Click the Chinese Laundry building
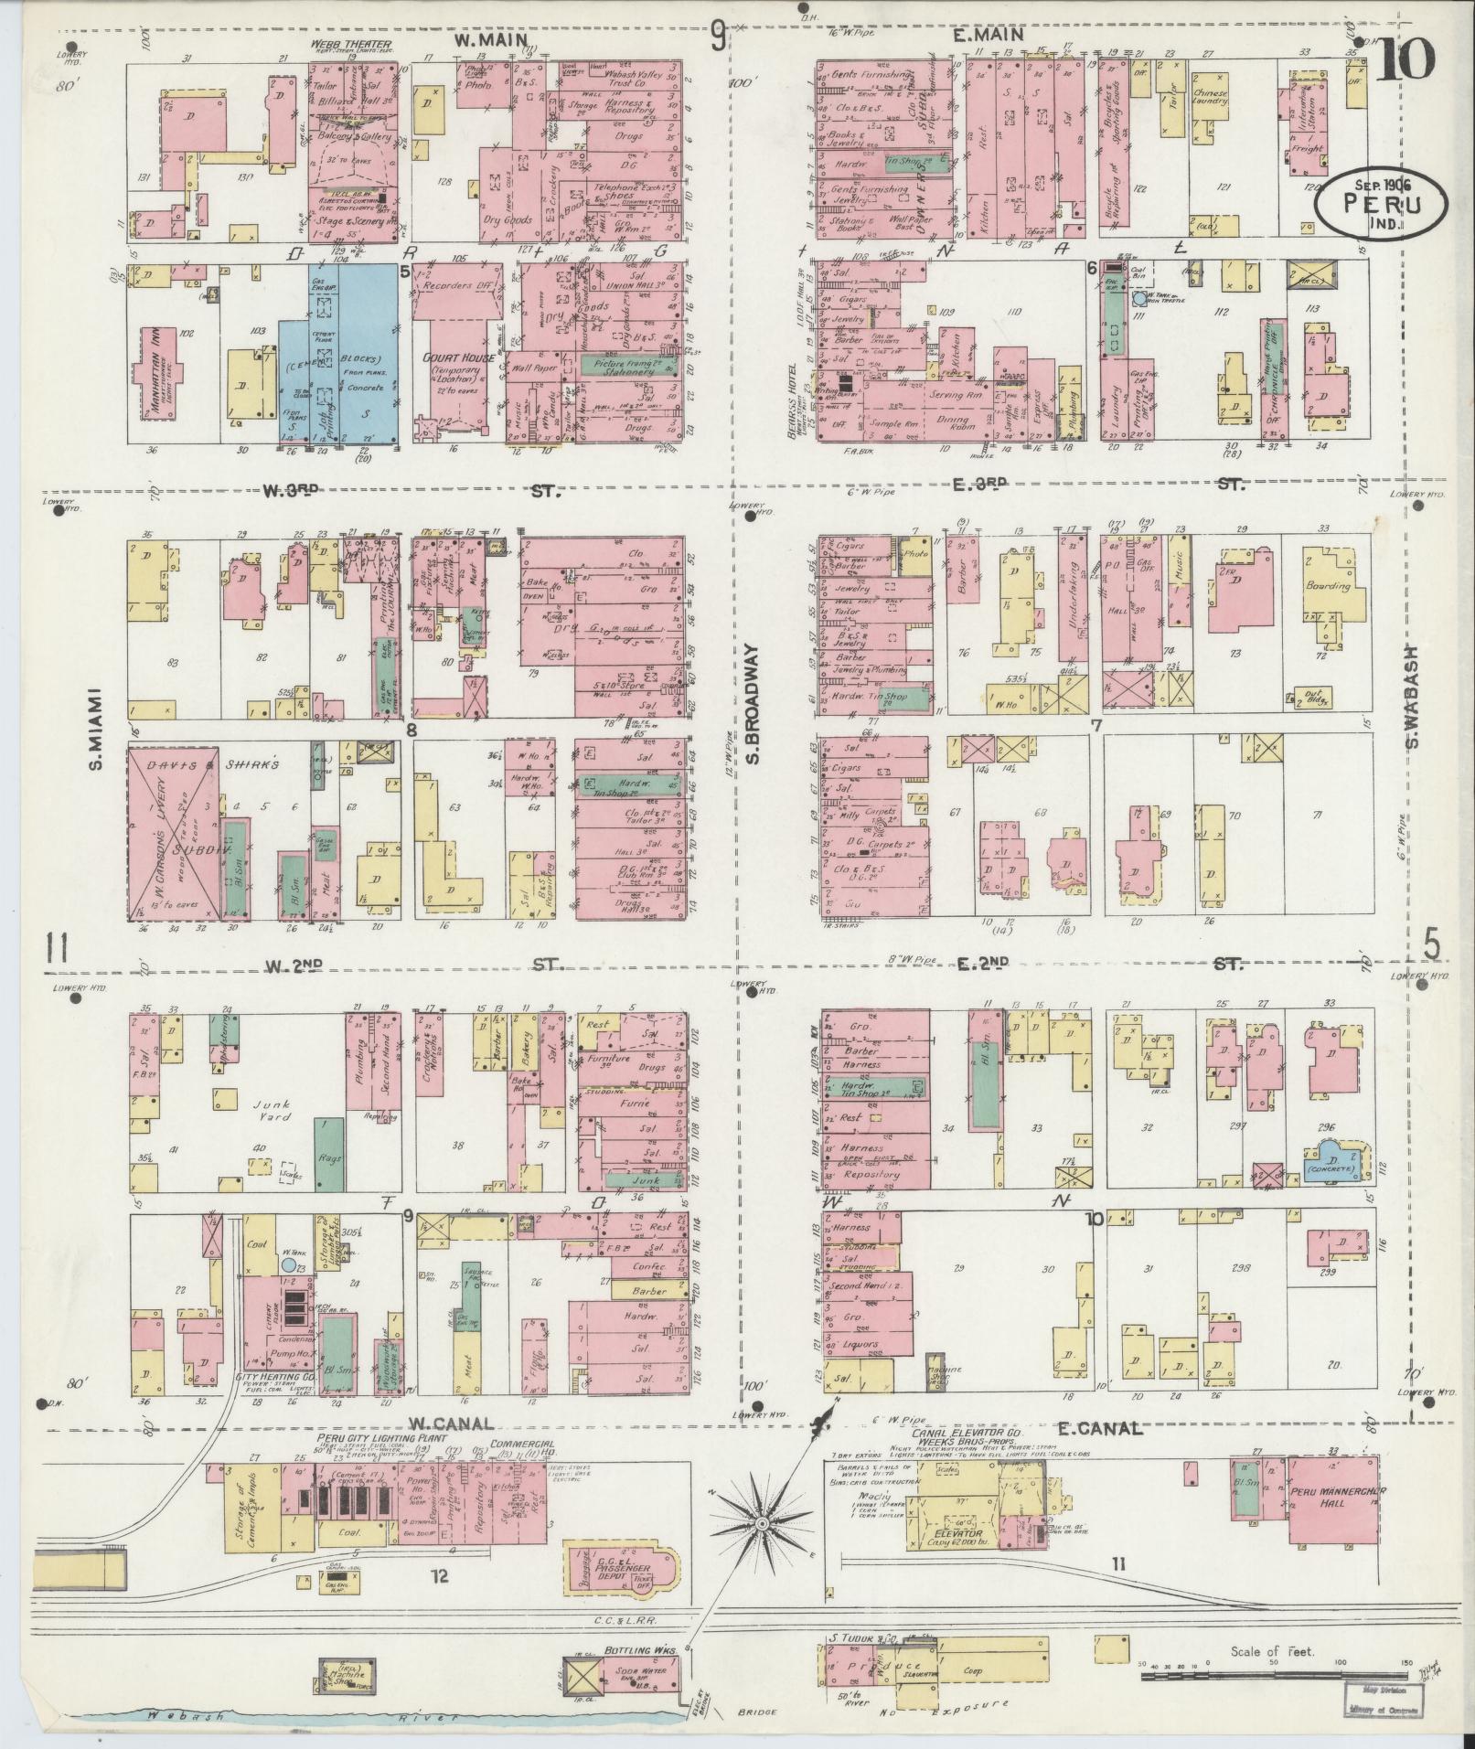coord(1209,100)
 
